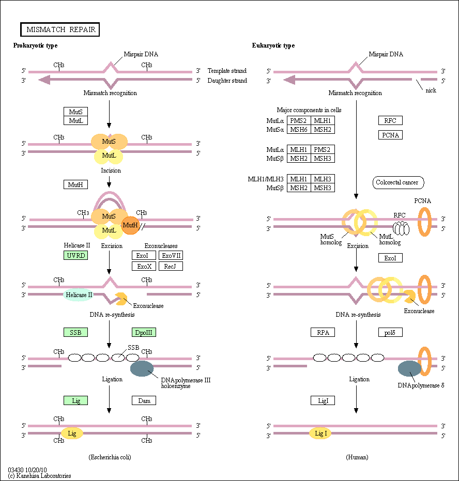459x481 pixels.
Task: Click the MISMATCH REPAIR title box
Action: tap(60, 29)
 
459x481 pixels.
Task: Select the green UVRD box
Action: tap(76, 255)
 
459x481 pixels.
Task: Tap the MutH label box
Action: tap(76, 184)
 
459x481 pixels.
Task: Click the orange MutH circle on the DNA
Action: tap(130, 225)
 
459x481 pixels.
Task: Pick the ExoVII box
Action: tap(171, 255)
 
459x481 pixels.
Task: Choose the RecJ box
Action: tap(171, 266)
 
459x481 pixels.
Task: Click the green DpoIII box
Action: tap(144, 332)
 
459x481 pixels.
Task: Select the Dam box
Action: tap(144, 400)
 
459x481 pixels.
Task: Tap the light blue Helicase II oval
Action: tap(79, 295)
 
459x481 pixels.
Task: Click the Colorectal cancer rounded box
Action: tap(398, 182)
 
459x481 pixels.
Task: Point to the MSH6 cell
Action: tap(299, 130)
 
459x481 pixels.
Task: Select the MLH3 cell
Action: tap(323, 179)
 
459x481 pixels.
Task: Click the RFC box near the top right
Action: tap(390, 120)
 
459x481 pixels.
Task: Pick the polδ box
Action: tap(390, 332)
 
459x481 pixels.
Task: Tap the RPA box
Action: tap(323, 332)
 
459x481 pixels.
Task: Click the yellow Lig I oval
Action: tap(320, 433)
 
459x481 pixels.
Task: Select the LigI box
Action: tap(323, 400)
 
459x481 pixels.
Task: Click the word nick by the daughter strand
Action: tap(431, 90)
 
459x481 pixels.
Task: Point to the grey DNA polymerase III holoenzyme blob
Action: tap(142, 368)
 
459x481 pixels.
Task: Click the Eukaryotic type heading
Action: tap(273, 45)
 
